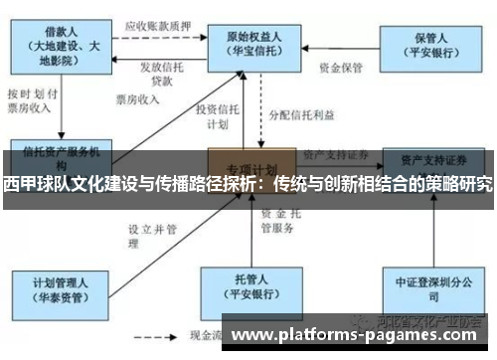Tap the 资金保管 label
pyautogui.click(x=340, y=70)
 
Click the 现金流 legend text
pyautogui.click(x=207, y=338)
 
